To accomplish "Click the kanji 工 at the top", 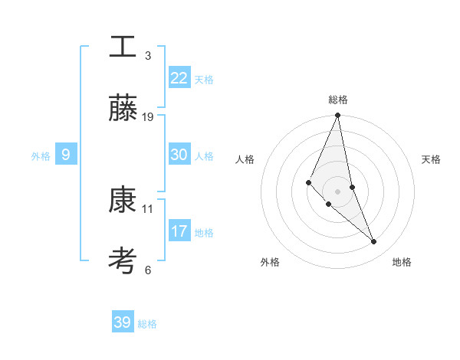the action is point(123,46).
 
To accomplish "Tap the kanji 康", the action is point(123,200).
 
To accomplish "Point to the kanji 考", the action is point(123,261).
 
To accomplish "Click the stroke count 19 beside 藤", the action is point(148,117).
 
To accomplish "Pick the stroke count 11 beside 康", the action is point(148,208).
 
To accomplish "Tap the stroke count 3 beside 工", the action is point(148,55).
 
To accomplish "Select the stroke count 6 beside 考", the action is point(148,270).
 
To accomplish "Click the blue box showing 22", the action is point(179,78).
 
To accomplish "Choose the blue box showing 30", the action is point(179,155).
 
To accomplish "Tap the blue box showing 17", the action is point(179,231).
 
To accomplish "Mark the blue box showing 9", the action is point(66,155).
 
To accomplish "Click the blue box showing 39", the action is point(122,322).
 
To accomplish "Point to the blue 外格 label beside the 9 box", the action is point(41,156).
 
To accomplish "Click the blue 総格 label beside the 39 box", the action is point(147,324).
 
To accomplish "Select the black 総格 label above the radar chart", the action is point(337,100).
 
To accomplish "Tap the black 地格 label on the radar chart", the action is point(402,263).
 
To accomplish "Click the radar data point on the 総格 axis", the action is point(337,116).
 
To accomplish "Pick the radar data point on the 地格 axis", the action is point(374,242).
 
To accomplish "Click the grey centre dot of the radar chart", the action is point(337,191).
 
